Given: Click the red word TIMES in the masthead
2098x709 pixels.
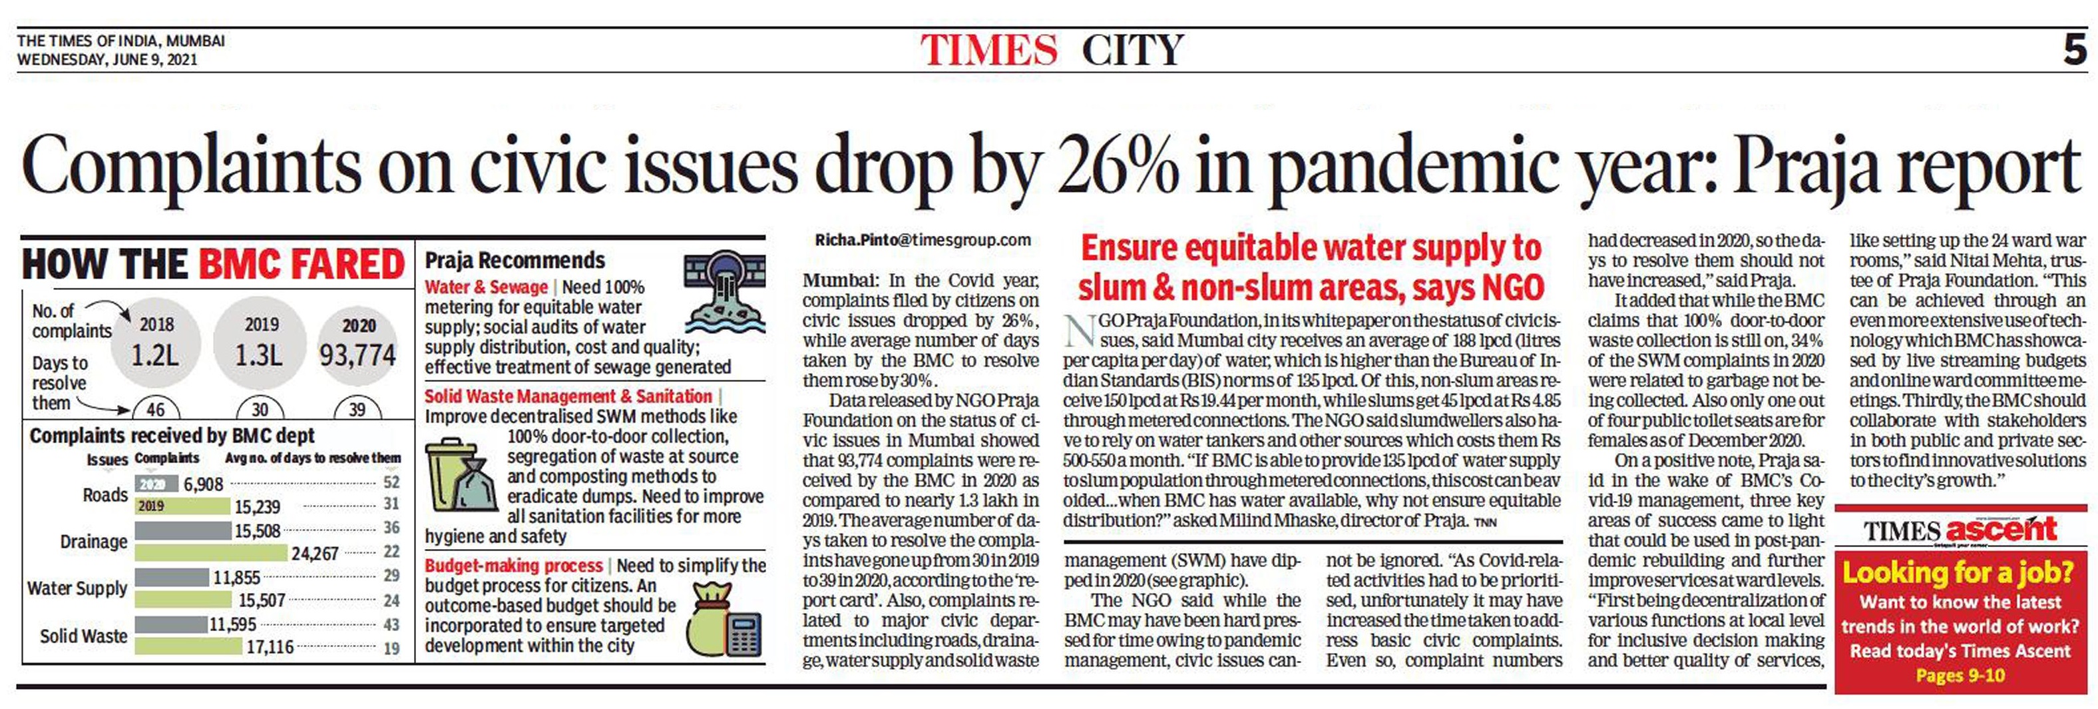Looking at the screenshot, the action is [x=988, y=51].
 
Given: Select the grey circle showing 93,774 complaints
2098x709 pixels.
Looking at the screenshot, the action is [x=357, y=345].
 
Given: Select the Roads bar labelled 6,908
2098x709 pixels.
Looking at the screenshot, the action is [x=156, y=484].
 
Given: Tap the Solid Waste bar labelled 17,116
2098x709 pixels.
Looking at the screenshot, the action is [x=190, y=647].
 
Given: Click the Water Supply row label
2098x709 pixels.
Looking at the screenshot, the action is [x=77, y=588].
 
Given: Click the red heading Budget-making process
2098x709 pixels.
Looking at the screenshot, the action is [x=513, y=566].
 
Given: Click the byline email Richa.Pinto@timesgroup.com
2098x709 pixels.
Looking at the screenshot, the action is [x=923, y=241].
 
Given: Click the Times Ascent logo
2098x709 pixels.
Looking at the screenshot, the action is [x=1960, y=530].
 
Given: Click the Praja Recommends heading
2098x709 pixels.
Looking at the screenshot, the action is [x=515, y=261].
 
